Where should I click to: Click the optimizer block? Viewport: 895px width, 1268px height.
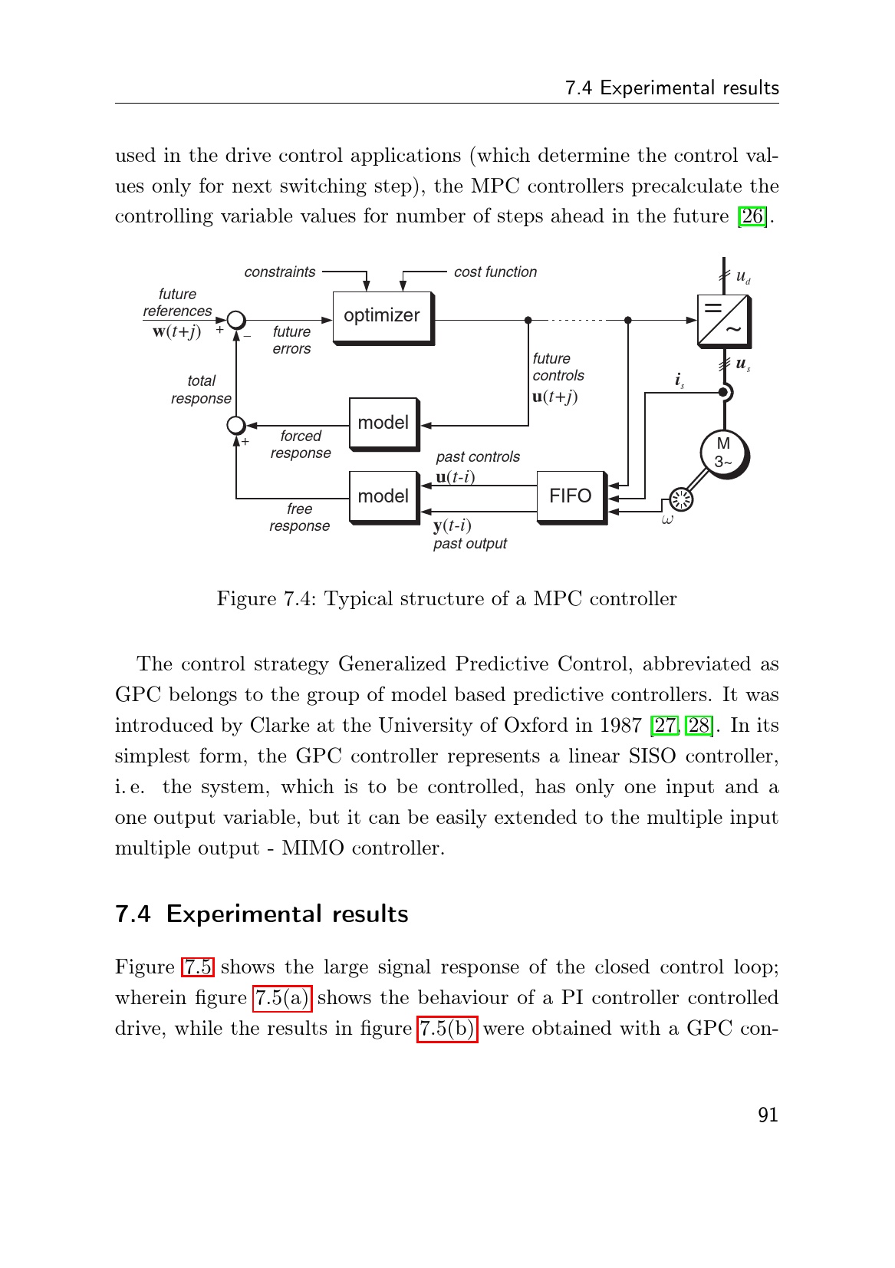pos(382,316)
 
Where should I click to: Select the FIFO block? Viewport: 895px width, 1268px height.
pos(570,496)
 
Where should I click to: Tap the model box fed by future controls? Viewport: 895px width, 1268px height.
pos(383,423)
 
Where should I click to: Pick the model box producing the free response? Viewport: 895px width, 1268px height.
pos(383,496)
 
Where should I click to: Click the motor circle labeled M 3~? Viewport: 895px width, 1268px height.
pos(723,453)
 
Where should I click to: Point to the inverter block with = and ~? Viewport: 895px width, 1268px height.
pos(723,320)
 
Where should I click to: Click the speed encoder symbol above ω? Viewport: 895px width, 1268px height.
pos(681,499)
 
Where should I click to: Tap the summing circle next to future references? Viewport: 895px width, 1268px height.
pos(236,320)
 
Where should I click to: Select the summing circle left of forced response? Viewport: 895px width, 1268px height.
pos(236,425)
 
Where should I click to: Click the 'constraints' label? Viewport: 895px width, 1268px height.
pos(280,272)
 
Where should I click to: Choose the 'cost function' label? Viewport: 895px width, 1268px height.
pos(495,272)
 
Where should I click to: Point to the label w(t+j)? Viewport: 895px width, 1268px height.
pos(176,331)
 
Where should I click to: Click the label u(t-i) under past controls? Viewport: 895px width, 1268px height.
pos(456,477)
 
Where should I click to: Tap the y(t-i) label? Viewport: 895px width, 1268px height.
pos(452,525)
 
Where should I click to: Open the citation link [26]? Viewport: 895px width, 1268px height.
pos(752,216)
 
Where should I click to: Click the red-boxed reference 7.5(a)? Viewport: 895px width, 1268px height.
pos(282,998)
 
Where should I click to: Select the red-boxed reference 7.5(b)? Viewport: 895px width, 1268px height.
pos(447,1029)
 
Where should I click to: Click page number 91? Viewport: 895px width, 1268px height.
pos(768,1115)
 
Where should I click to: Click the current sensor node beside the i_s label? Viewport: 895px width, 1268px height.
pos(723,393)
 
